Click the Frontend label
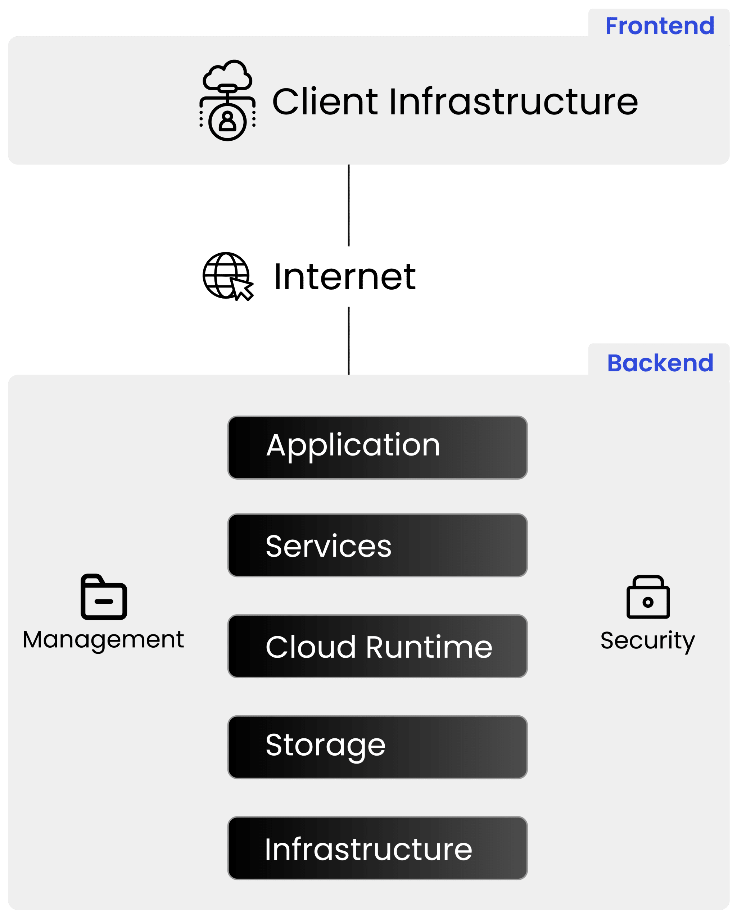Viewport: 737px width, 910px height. (660, 26)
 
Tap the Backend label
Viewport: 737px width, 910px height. (660, 363)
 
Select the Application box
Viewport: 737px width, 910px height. (377, 447)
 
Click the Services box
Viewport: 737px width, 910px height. (377, 545)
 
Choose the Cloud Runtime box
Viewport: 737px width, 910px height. (377, 646)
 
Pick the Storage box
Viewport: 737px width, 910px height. (377, 747)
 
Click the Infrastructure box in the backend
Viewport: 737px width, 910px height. (377, 848)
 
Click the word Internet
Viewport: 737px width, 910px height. (345, 277)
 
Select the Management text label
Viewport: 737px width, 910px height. (103, 640)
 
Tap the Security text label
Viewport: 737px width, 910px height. (647, 640)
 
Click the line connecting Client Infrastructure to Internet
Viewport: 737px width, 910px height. (349, 205)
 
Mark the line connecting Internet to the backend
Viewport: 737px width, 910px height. (349, 340)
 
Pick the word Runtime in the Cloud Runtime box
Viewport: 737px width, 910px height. (429, 647)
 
